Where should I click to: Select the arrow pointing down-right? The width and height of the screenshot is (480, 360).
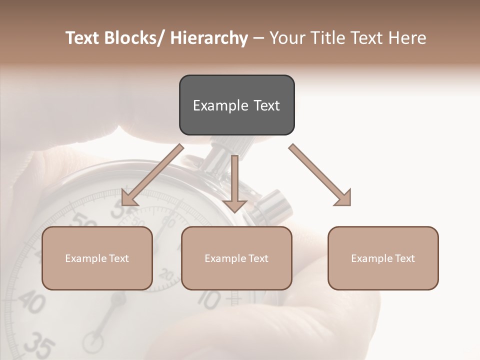pyautogui.click(x=320, y=175)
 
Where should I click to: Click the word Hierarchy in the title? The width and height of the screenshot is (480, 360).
pyautogui.click(x=209, y=38)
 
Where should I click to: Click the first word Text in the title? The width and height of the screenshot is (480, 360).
pyautogui.click(x=83, y=38)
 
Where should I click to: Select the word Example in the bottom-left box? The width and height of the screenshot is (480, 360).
pyautogui.click(x=85, y=258)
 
